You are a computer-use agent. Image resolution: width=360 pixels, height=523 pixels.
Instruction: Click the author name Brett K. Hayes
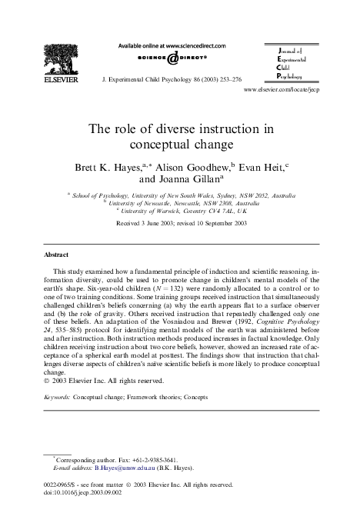(101, 166)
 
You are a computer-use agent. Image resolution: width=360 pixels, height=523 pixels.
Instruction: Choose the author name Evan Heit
(258, 166)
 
